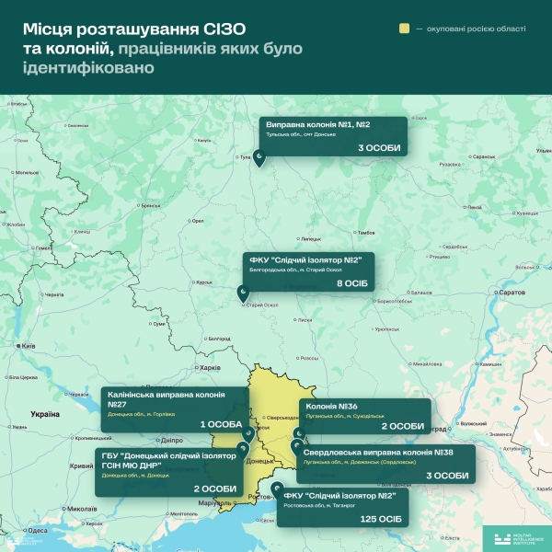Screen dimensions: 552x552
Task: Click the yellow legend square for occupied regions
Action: (x=403, y=29)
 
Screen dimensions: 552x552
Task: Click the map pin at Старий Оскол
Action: (x=243, y=294)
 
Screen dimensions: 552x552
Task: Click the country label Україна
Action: (x=45, y=414)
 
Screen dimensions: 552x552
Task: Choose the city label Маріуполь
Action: (x=221, y=502)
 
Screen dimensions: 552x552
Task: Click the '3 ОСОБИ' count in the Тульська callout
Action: (x=379, y=147)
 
